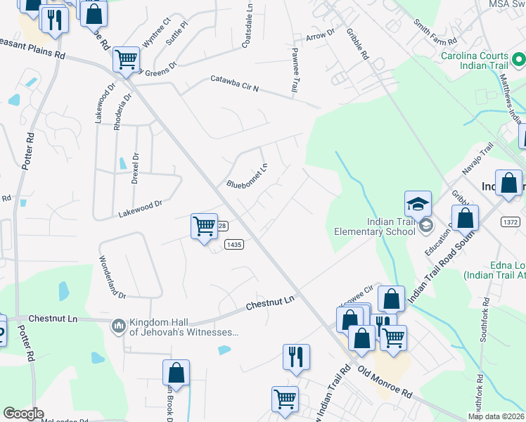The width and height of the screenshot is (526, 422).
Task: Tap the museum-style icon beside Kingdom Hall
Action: coord(118,326)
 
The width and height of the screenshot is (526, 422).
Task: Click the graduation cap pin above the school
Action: coord(417,204)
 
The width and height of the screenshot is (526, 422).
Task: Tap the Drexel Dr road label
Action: coord(135,169)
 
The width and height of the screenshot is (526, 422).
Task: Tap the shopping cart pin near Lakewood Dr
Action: coord(204,226)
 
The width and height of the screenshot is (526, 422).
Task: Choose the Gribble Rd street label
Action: coord(357,44)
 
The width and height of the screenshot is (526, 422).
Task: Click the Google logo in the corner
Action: coord(23,414)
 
